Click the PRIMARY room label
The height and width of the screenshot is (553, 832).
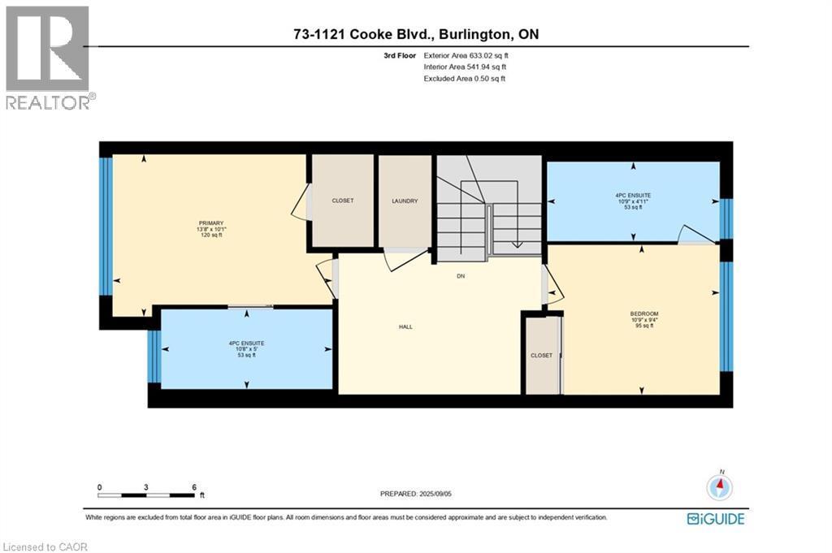coord(211,223)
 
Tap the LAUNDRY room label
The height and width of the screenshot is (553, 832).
coord(405,201)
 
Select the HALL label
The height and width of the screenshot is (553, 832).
coord(406,327)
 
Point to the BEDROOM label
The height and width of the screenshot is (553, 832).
coord(644,314)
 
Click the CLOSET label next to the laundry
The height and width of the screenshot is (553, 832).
coord(343,201)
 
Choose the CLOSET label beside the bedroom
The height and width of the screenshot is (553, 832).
coord(541,355)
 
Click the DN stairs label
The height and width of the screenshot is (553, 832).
coord(461,276)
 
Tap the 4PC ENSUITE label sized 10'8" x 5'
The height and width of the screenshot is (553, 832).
coord(246,343)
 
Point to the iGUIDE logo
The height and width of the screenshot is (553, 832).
coord(716,519)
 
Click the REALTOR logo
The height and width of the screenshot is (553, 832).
coord(48,58)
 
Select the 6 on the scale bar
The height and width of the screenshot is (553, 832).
coord(194,487)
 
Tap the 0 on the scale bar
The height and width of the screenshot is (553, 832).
coord(99,487)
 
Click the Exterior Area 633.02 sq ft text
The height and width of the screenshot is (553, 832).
coord(466,55)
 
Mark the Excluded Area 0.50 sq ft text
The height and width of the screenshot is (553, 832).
coord(464,79)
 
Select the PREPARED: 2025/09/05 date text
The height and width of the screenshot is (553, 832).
coord(416,494)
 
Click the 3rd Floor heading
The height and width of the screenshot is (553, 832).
coord(400,55)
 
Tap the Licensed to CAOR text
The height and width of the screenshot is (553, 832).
coord(45,547)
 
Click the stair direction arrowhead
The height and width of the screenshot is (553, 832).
coord(517,244)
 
